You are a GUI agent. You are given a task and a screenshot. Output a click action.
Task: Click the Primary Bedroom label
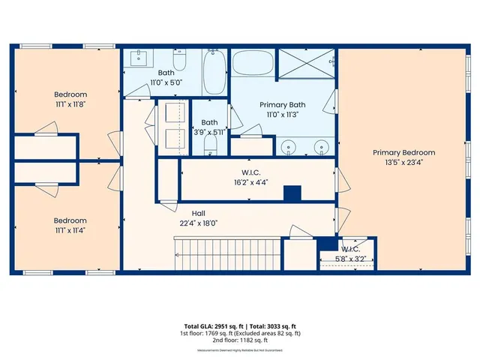tap(403, 152)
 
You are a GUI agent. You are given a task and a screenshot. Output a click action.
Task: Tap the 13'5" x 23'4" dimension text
tap(403, 162)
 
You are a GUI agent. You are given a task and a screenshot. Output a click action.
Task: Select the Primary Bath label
tap(281, 105)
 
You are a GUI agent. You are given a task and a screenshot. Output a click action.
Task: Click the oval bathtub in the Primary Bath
tap(253, 62)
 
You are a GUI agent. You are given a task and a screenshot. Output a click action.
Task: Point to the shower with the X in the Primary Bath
tap(307, 63)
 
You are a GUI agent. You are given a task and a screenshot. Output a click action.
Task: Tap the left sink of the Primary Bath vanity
tap(288, 146)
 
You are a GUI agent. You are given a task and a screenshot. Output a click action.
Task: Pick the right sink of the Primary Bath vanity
tap(321, 146)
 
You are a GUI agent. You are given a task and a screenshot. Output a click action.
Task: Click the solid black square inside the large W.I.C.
tap(292, 193)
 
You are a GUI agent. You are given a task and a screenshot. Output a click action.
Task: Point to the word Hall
tap(198, 213)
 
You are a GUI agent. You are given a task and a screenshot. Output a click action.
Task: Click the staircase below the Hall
tap(226, 254)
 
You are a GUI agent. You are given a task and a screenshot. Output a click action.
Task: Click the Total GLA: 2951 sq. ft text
tap(205, 325)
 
